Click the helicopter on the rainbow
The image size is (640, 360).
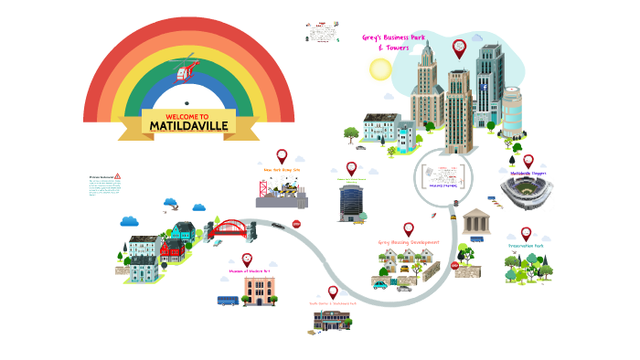(x=187, y=69)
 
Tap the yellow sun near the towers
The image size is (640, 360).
(x=380, y=69)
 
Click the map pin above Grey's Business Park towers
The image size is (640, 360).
(x=459, y=48)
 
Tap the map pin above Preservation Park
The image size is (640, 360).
(x=526, y=234)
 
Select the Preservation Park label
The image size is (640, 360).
(x=528, y=247)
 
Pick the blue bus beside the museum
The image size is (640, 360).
(x=228, y=300)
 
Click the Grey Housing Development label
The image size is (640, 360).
(x=408, y=242)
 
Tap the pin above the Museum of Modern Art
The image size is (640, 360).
(x=247, y=260)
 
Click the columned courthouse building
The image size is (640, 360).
(x=475, y=221)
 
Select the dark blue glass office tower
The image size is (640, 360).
(x=350, y=204)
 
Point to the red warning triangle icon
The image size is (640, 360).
(x=118, y=175)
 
